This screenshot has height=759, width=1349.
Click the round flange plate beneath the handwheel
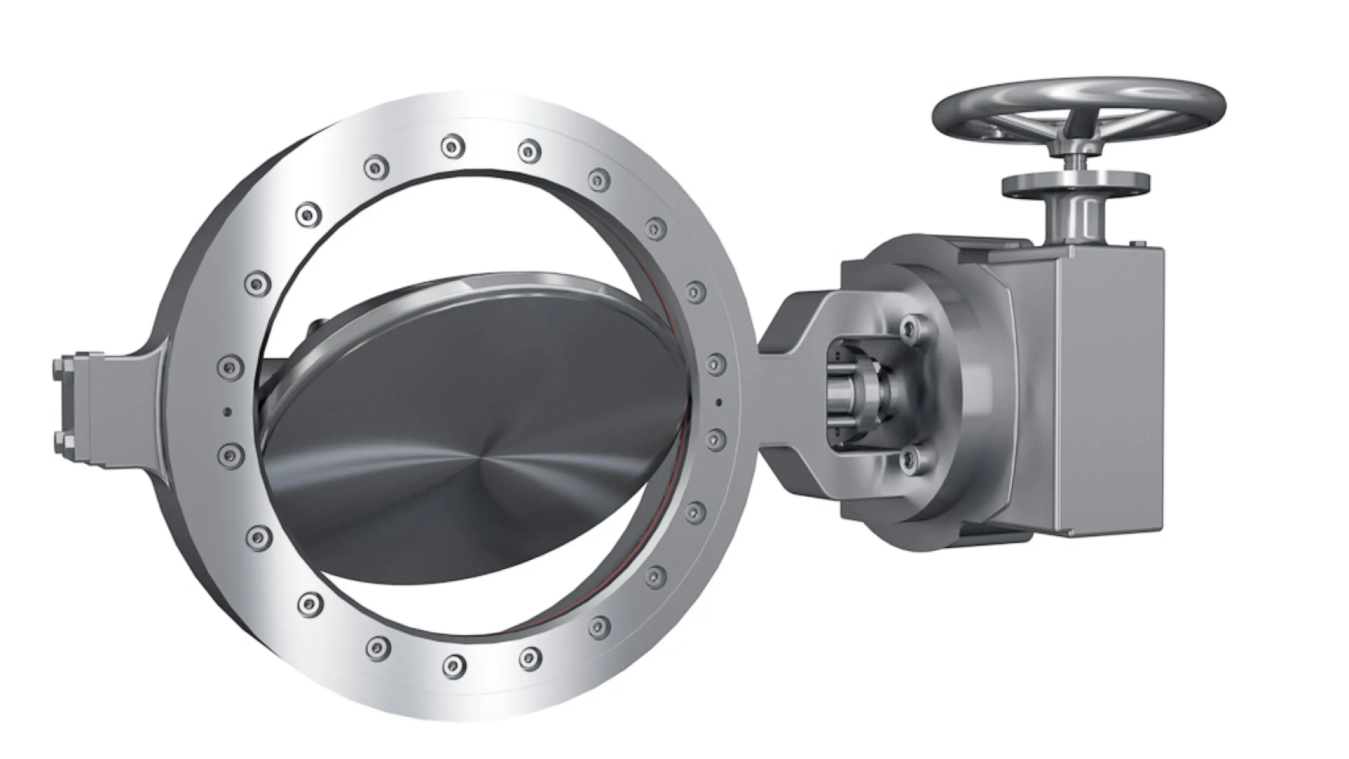(x=1076, y=185)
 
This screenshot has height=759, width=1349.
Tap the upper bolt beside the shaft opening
(x=909, y=327)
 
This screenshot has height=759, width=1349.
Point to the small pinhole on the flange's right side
(x=719, y=402)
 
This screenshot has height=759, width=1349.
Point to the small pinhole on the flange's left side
(x=227, y=412)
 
